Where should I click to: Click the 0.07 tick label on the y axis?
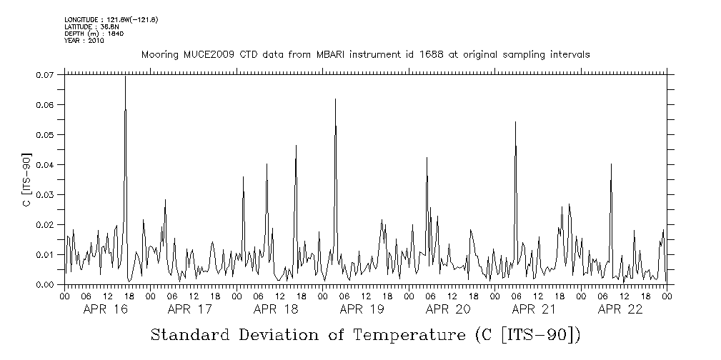(44, 74)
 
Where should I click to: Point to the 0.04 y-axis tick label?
(44, 164)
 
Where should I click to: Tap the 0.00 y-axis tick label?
(44, 284)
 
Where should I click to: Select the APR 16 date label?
(105, 309)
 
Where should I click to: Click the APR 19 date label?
(362, 309)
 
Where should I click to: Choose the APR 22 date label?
(620, 309)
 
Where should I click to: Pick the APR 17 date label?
(190, 309)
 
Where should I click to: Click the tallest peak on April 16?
(125, 76)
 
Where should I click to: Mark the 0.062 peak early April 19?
(335, 99)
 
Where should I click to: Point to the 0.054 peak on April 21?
(515, 122)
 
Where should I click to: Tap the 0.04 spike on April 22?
(611, 164)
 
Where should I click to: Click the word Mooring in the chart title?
(159, 55)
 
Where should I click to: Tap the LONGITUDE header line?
(111, 19)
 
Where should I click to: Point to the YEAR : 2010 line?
(84, 41)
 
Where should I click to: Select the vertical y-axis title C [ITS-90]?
(27, 179)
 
